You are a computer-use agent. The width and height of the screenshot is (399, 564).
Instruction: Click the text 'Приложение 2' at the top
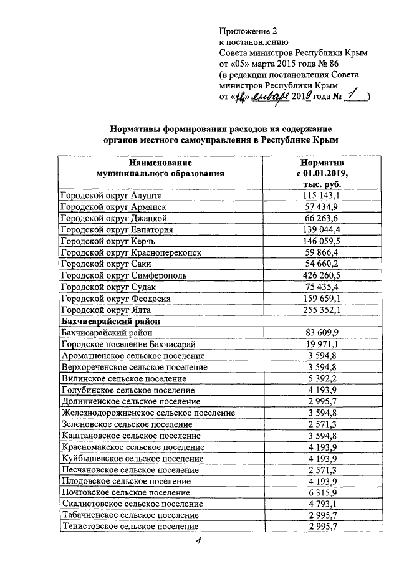coord(247,31)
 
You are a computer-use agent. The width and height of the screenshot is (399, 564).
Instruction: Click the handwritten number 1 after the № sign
coord(352,95)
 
